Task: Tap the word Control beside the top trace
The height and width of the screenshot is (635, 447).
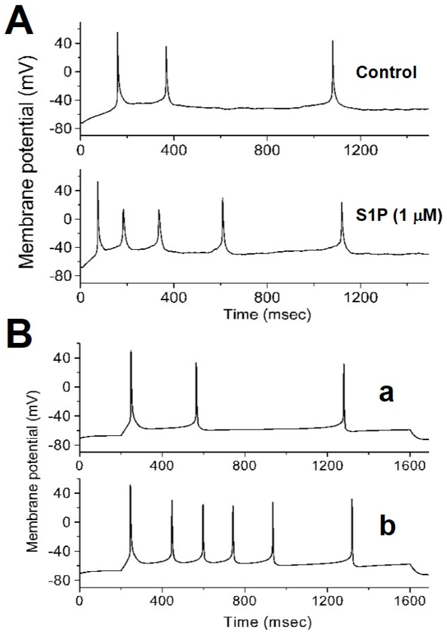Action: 386,72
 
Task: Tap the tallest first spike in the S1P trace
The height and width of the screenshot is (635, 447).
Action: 98,182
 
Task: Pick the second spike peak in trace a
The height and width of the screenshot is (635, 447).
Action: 196,363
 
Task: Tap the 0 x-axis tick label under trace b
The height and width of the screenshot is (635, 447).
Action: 80,597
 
